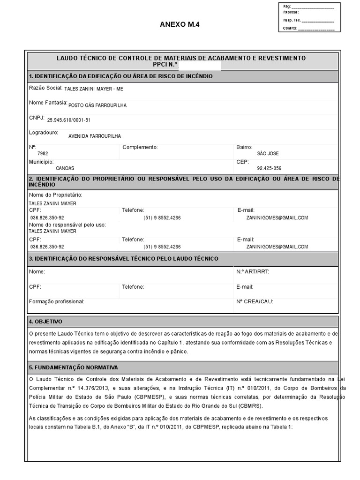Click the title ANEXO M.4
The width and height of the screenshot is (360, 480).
[x=176, y=24]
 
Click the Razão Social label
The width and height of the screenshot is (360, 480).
[x=45, y=88]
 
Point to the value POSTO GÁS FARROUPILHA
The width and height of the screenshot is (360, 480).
[x=97, y=105]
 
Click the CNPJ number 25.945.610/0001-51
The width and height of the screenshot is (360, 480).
[x=69, y=120]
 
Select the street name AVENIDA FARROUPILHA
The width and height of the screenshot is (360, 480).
[x=94, y=136]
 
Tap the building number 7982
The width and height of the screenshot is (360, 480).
[x=43, y=154]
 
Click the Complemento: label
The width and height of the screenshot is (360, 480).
[x=140, y=147]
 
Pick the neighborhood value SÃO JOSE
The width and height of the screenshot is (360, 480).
[x=268, y=154]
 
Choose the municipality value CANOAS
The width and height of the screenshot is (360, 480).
[x=65, y=168]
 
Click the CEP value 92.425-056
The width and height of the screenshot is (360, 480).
[x=269, y=168]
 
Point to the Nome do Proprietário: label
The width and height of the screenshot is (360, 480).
[x=56, y=195]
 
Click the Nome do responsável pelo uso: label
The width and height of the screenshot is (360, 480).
[x=67, y=225]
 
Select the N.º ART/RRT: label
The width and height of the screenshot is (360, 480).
[x=253, y=272]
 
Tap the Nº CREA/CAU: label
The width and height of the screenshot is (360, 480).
[x=255, y=302]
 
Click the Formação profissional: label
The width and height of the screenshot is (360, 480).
[x=57, y=302]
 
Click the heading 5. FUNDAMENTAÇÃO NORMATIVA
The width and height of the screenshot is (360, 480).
[x=74, y=367]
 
